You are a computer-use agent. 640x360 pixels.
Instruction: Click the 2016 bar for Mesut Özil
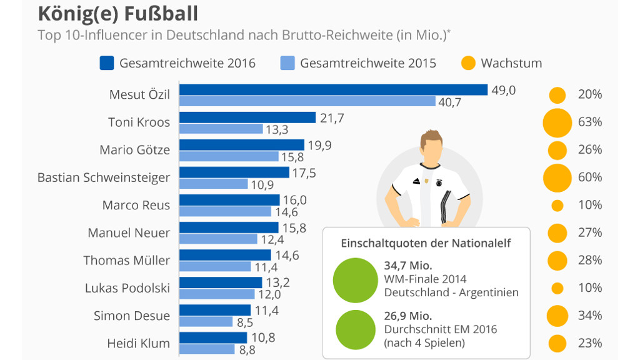coord(333,90)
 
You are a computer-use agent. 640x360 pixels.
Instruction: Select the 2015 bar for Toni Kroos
coord(221,129)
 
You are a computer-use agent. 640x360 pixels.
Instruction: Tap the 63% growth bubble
coord(557,122)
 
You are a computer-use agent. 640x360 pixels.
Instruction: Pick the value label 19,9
coord(319,145)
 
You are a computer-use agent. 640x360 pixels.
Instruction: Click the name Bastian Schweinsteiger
coord(104,177)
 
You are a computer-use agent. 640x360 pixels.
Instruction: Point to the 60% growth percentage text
coord(590,177)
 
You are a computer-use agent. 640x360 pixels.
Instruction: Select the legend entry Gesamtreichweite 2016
coord(187,63)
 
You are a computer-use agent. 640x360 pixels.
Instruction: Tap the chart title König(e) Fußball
coord(118,13)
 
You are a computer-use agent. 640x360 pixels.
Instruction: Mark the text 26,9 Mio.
coord(407,316)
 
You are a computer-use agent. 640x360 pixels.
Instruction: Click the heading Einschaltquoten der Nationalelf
coord(426,243)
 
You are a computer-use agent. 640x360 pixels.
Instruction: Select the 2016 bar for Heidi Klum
coord(213,337)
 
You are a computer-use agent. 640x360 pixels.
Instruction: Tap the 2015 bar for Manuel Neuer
coord(218,239)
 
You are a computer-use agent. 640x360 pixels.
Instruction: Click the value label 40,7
coord(449,102)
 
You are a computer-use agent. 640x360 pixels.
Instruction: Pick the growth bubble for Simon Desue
coord(557,316)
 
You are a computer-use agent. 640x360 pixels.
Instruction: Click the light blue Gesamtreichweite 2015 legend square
coord(287,63)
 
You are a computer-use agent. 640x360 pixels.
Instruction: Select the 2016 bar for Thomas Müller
coord(225,255)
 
